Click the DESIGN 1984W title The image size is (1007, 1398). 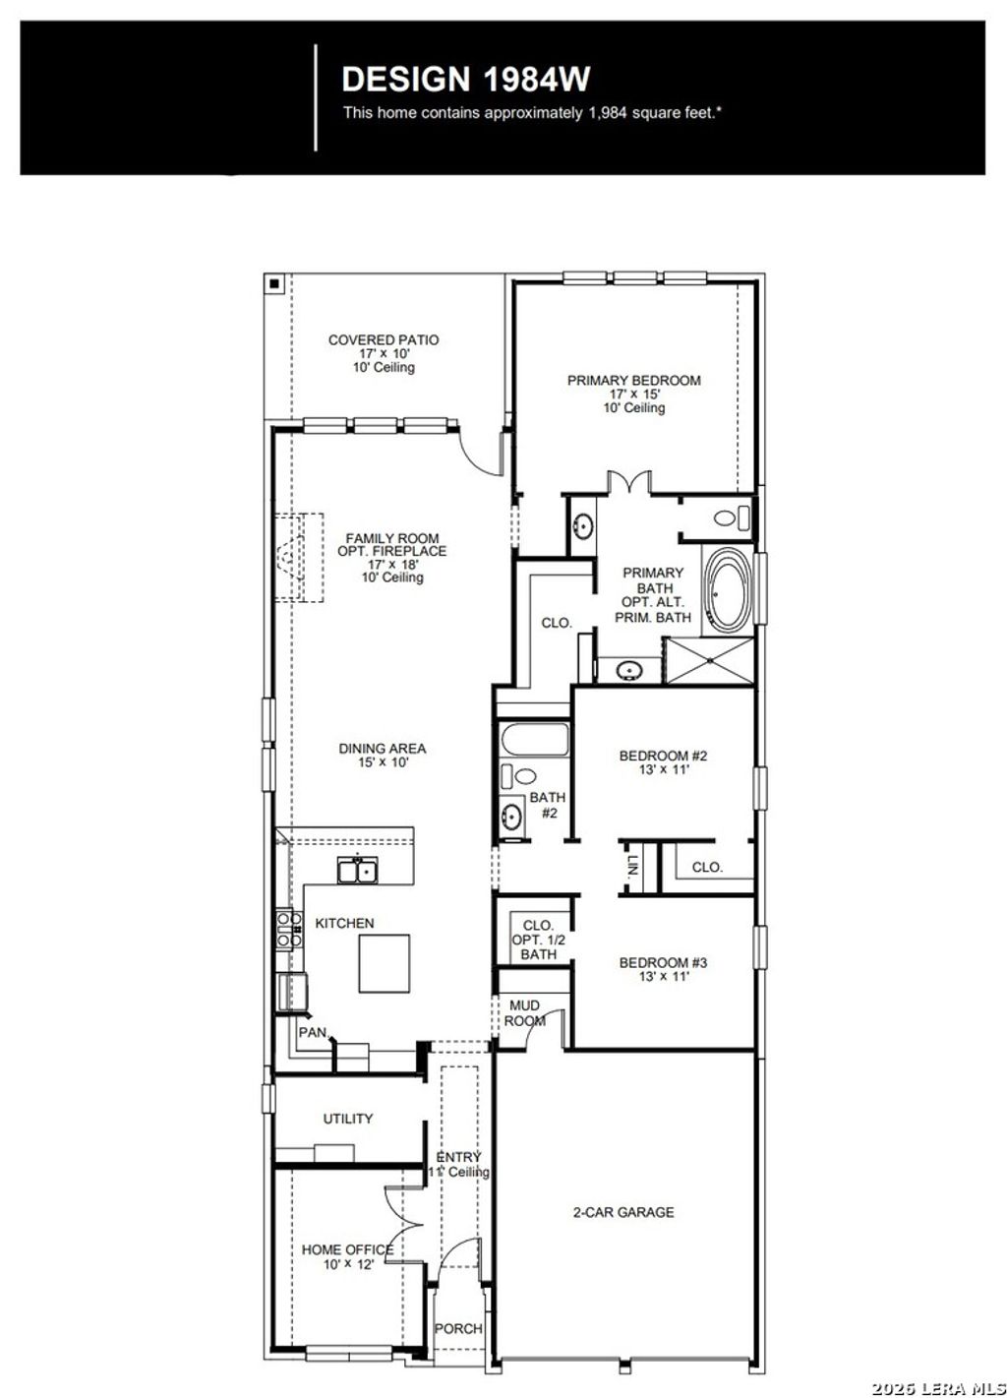point(465,80)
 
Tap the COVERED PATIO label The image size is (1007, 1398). point(384,340)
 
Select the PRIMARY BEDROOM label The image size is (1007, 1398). point(633,381)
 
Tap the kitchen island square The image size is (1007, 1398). point(385,963)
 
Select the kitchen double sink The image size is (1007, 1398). point(356,870)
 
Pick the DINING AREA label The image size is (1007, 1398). point(383,749)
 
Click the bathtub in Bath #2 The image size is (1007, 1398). point(535,739)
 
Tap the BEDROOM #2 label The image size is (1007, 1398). point(663,757)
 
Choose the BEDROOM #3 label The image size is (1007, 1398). point(663,963)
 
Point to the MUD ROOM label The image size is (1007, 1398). point(524,1013)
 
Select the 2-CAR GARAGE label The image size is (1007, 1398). point(623,1212)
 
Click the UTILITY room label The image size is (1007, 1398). point(348,1119)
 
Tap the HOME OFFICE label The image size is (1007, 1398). point(347,1249)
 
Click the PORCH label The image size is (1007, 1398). point(458,1328)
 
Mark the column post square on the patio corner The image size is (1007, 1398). point(275,284)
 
